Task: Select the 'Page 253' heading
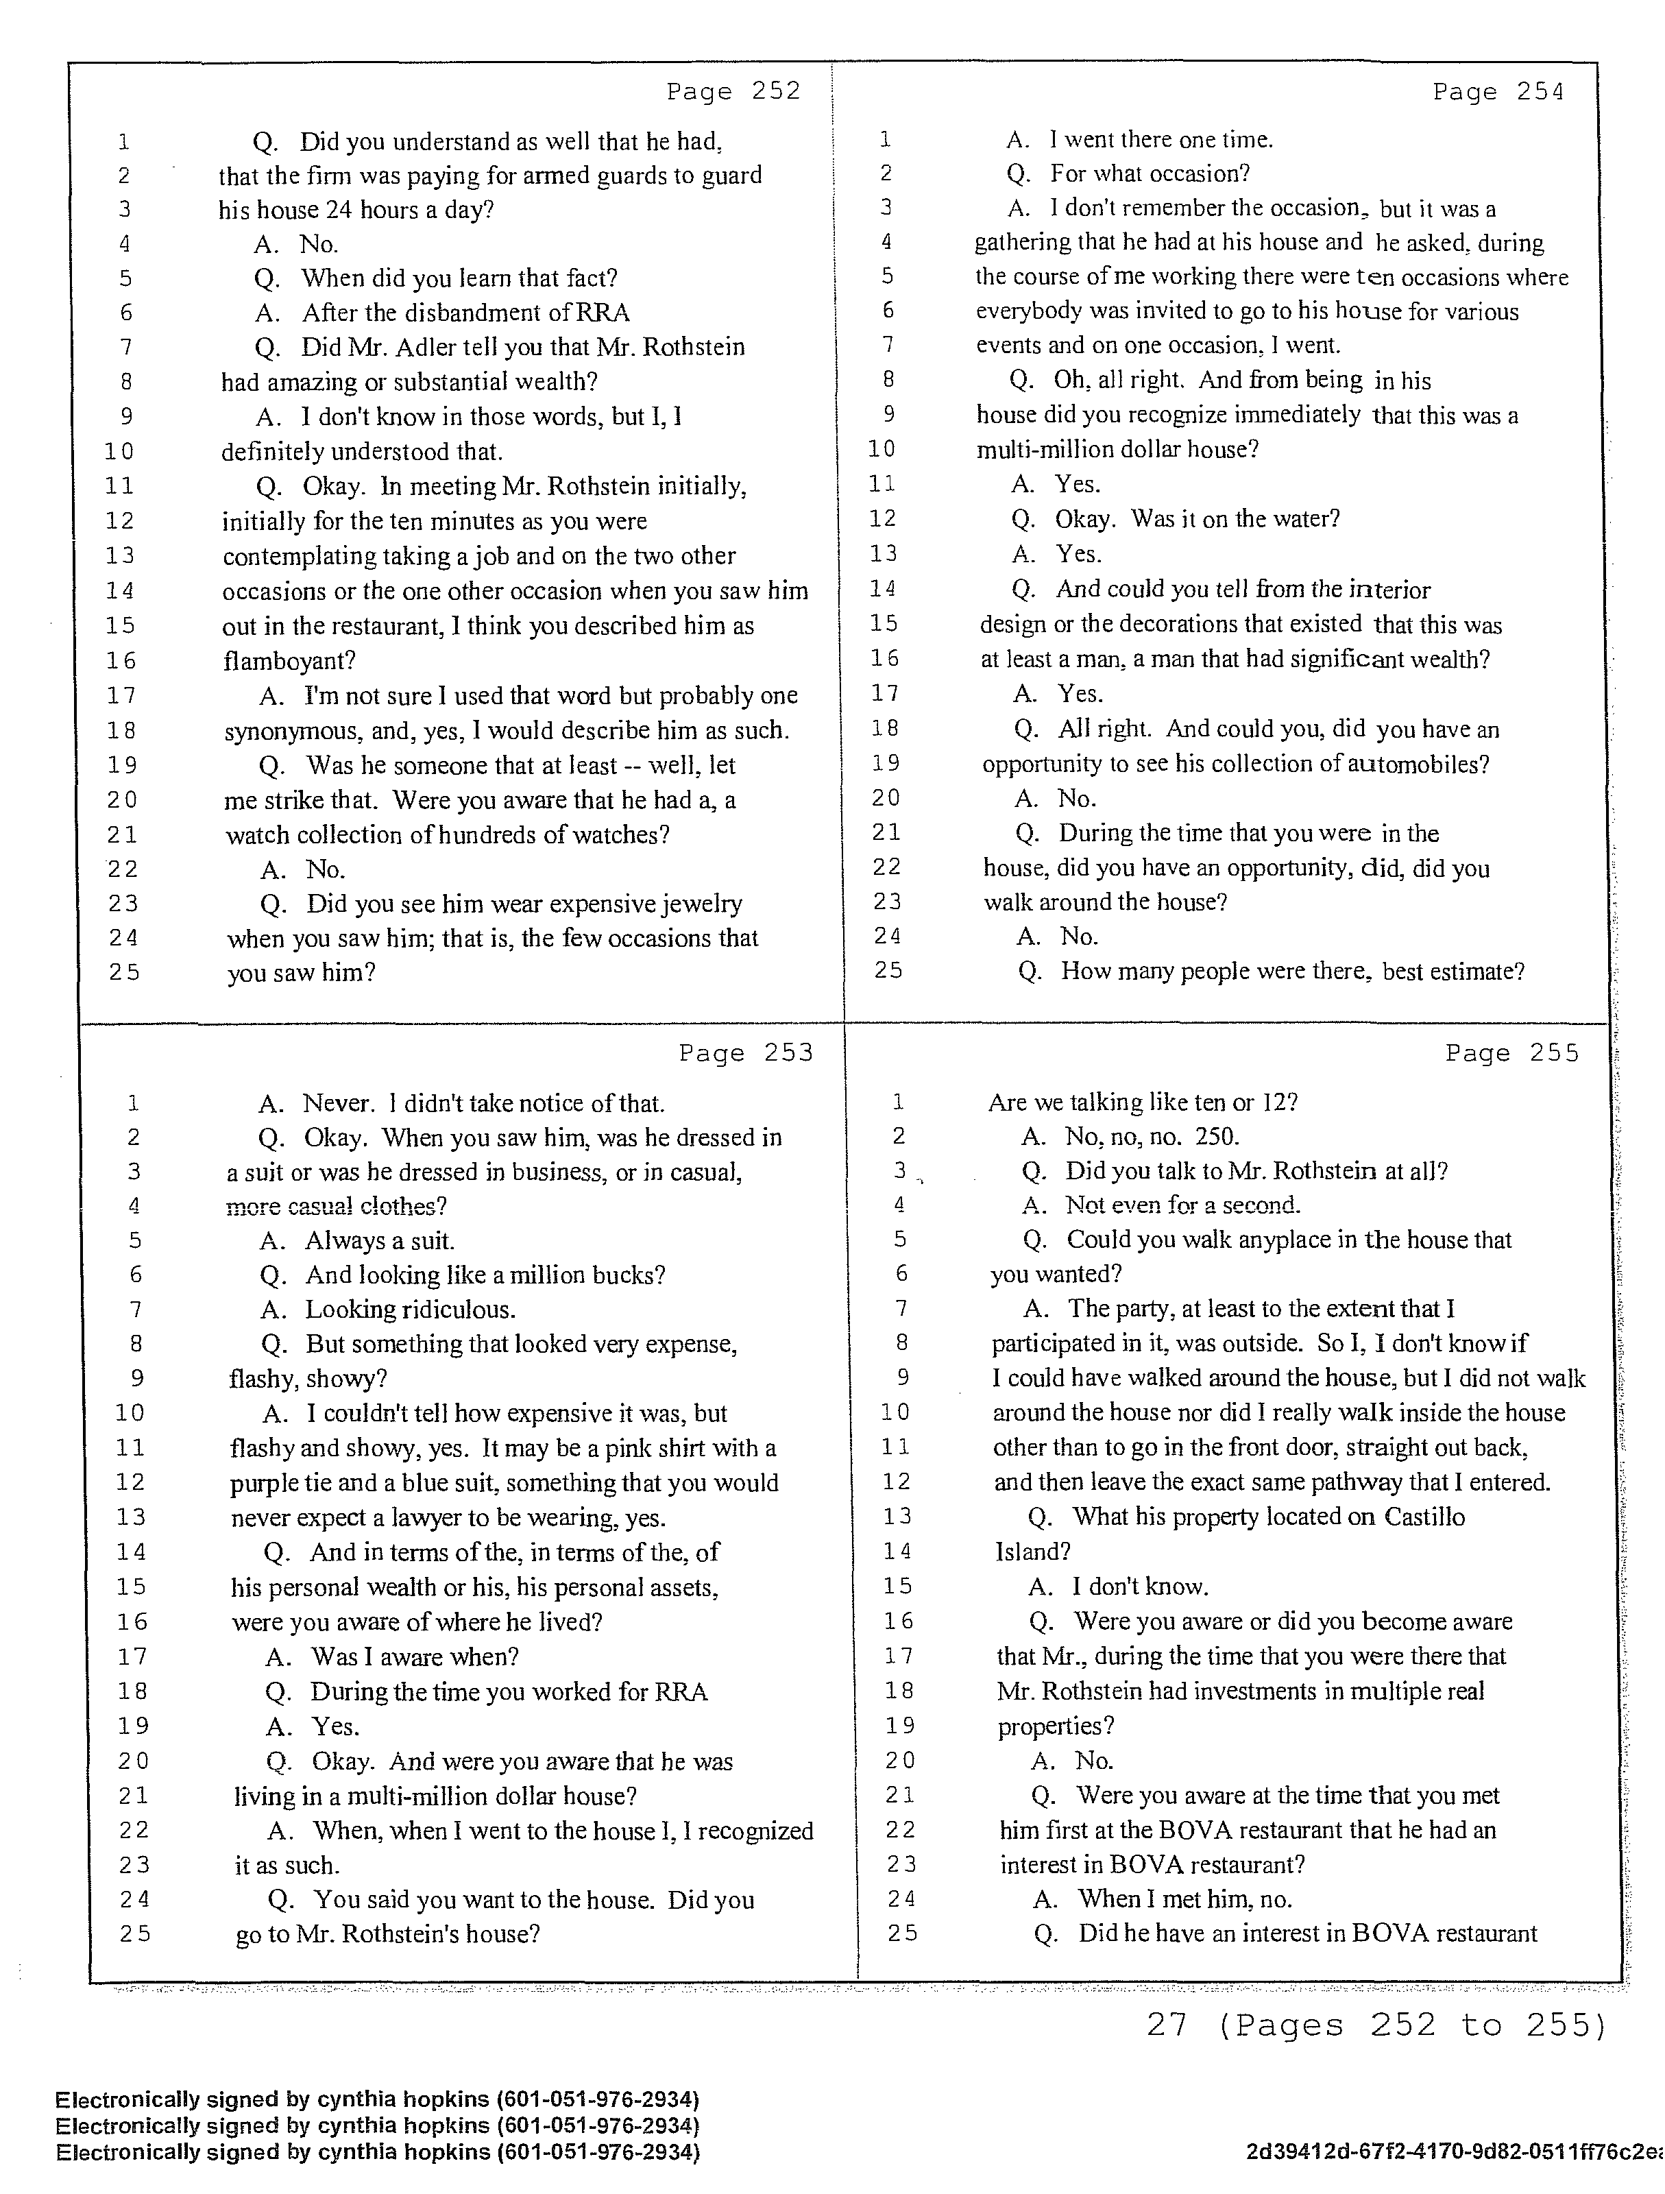(x=746, y=1052)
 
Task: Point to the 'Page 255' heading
(x=1511, y=1052)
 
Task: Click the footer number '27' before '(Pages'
(x=1167, y=2025)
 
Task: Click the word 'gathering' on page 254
(x=1023, y=243)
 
